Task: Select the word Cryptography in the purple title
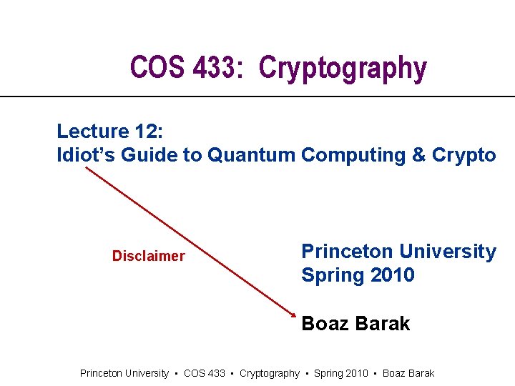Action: (343, 69)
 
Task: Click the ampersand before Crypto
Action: (419, 155)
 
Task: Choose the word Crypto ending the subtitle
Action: (464, 155)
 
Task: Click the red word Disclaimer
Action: (148, 256)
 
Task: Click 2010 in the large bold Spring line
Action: (391, 275)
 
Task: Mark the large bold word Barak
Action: (384, 324)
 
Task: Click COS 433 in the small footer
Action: (205, 373)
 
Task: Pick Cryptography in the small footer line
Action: (270, 373)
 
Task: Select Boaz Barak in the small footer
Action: (408, 373)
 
